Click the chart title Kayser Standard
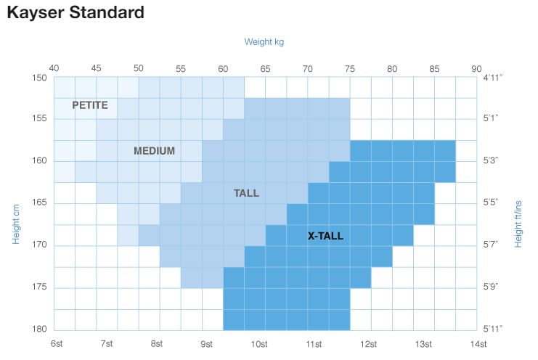(x=75, y=13)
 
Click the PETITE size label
(x=90, y=105)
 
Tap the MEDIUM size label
(x=154, y=151)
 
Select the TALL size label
(x=246, y=193)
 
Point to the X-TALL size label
(x=325, y=236)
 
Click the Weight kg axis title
(x=264, y=42)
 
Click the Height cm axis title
(x=15, y=224)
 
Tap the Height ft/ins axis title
(x=518, y=224)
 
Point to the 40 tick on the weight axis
(x=54, y=68)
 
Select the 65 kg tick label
(x=265, y=68)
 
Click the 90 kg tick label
(x=476, y=68)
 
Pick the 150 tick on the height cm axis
(x=39, y=77)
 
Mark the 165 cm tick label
(x=39, y=202)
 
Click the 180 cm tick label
(x=39, y=329)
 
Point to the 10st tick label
(x=258, y=343)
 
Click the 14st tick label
(x=478, y=343)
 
